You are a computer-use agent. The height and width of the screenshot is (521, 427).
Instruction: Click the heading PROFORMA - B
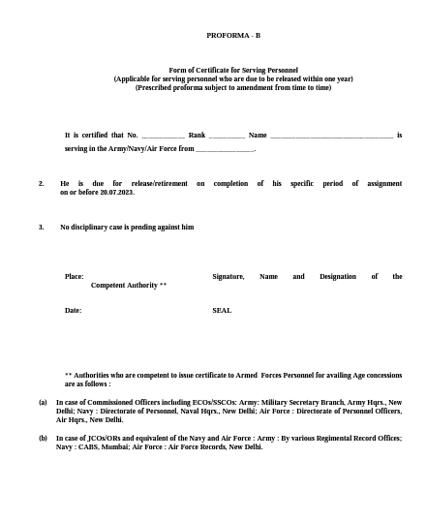point(233,35)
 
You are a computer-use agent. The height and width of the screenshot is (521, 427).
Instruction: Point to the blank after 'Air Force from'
point(225,150)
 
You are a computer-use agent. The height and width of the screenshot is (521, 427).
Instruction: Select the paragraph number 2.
point(41,183)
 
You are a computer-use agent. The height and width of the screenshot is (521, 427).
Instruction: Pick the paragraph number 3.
point(41,227)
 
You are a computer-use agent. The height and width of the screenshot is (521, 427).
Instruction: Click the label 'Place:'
point(75,276)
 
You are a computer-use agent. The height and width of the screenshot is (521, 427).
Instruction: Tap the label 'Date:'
point(74,310)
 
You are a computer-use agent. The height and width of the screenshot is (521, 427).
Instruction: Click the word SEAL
point(222,310)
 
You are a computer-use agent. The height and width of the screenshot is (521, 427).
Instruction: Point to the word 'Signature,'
point(229,276)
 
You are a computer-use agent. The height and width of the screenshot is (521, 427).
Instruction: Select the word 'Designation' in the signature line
point(338,276)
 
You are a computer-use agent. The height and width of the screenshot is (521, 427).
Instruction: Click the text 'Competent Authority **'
point(129,286)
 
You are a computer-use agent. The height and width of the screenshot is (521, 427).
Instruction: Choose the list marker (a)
point(43,401)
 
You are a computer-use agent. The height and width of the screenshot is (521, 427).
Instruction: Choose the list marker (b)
point(43,439)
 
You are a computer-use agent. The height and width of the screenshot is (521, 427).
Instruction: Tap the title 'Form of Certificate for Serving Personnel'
point(233,71)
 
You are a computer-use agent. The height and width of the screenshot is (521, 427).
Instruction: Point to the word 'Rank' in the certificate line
point(197,135)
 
